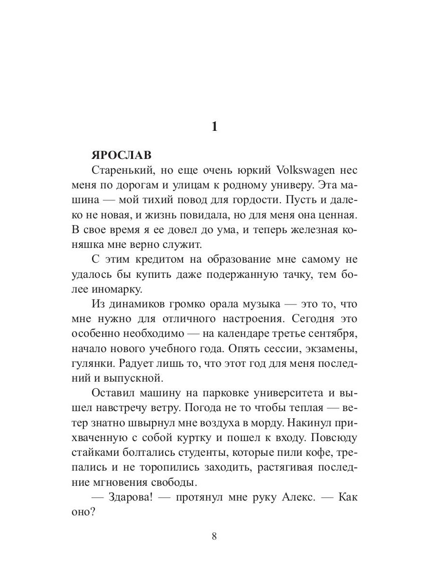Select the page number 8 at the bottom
coord(214,536)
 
